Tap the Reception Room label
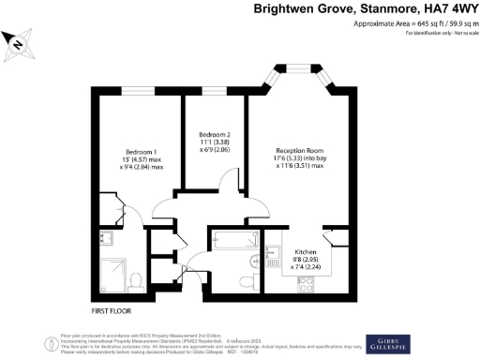click(300, 150)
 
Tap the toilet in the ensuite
click(134, 280)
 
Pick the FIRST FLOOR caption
click(112, 309)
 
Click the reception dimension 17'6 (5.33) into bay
click(300, 158)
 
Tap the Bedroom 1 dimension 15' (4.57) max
click(143, 160)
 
